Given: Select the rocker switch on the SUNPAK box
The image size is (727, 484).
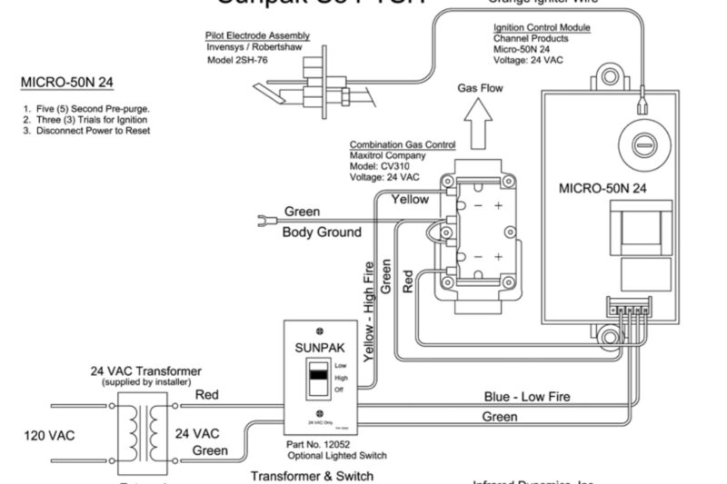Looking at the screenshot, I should click(316, 380).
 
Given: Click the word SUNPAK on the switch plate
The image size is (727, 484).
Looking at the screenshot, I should click(318, 348).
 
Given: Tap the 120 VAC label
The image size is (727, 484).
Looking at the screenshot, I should click(50, 435).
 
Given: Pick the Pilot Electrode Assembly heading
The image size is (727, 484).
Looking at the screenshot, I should click(257, 35).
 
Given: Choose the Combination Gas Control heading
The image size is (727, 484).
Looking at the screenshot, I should click(403, 144).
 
